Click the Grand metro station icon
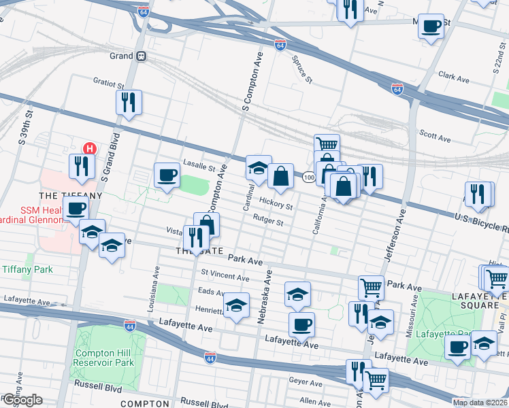tap(142, 56)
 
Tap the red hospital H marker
tap(88, 148)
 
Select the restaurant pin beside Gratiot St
tap(128, 103)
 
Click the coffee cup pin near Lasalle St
tap(167, 177)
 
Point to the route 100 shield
tap(308, 177)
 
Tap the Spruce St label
tap(301, 70)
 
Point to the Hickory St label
tap(276, 203)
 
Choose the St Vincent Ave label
tap(225, 276)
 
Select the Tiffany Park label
tap(27, 269)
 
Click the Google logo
tap(22, 400)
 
